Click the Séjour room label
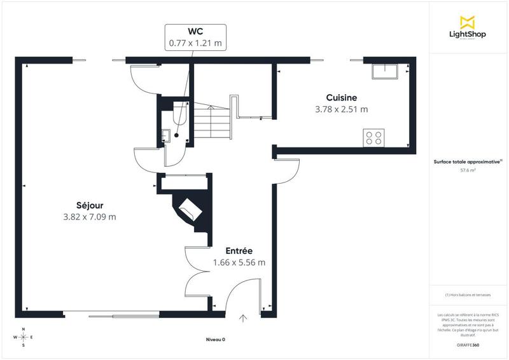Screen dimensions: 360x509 (x=89, y=205)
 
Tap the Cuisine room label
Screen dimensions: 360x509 (x=342, y=97)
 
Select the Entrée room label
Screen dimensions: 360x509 (x=239, y=251)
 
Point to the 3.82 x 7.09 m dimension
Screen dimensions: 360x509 (x=89, y=217)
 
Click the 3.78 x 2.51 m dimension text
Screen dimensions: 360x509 (x=342, y=109)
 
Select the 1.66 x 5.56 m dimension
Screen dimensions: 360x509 (x=239, y=262)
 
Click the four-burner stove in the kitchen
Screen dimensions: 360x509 (x=373, y=137)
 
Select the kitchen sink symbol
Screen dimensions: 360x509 (x=386, y=70)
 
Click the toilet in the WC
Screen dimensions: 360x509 (x=178, y=114)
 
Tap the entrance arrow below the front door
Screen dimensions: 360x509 (x=242, y=317)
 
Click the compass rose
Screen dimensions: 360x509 (x=24, y=337)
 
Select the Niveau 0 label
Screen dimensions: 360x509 (x=216, y=340)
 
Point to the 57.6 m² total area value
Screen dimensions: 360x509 (x=468, y=170)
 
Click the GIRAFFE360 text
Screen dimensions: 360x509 (x=468, y=344)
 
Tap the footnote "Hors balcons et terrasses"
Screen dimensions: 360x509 (x=469, y=295)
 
